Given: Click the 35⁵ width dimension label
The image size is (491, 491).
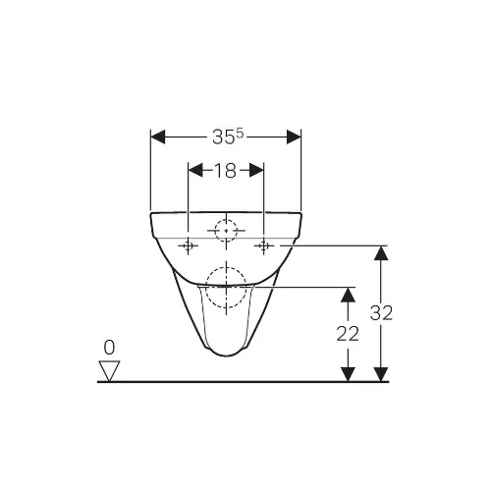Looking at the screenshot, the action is click(x=228, y=136).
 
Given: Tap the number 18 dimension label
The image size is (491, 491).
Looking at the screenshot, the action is click(x=225, y=170).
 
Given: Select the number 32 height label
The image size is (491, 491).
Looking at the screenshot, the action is click(x=381, y=312).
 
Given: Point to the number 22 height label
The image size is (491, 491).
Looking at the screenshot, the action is click(x=348, y=334).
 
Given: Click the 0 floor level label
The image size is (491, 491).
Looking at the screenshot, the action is click(x=109, y=348).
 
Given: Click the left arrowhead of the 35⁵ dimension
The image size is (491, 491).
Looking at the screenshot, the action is click(x=158, y=136).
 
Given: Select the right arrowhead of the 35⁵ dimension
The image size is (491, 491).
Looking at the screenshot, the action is click(x=294, y=136).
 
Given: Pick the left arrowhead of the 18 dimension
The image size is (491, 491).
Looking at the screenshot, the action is click(x=195, y=170).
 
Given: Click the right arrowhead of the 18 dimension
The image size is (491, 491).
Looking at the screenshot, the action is click(x=256, y=170).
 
